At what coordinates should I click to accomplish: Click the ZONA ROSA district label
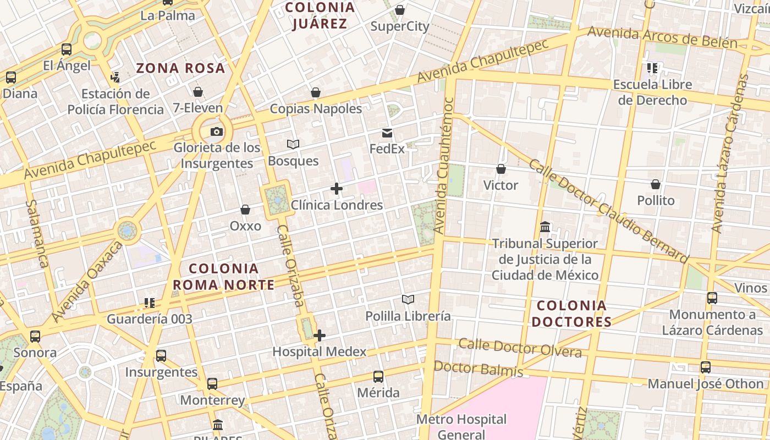click(180, 68)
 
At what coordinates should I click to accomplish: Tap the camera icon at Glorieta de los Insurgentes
click(217, 131)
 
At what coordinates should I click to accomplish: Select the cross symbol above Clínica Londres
click(337, 189)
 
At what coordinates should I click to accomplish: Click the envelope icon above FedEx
click(387, 133)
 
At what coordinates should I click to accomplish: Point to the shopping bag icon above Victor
click(501, 169)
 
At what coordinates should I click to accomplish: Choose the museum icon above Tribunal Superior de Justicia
click(545, 227)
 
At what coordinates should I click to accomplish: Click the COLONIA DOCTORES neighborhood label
click(571, 313)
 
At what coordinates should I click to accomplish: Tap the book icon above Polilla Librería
click(408, 300)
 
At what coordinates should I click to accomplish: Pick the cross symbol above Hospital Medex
click(320, 335)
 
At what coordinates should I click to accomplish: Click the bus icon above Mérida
click(378, 377)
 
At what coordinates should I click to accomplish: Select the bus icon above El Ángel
click(67, 50)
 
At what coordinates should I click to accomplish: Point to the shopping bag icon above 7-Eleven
click(198, 92)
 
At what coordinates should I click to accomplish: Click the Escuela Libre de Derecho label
click(652, 92)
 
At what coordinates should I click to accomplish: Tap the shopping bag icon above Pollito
click(656, 184)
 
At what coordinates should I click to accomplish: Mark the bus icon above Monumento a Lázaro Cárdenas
click(712, 298)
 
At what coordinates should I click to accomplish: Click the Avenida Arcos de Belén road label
click(662, 37)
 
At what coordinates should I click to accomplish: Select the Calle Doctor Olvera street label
click(520, 348)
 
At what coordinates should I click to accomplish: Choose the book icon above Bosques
click(293, 145)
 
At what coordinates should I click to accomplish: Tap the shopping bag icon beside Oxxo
click(245, 210)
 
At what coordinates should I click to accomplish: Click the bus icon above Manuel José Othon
click(706, 367)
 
